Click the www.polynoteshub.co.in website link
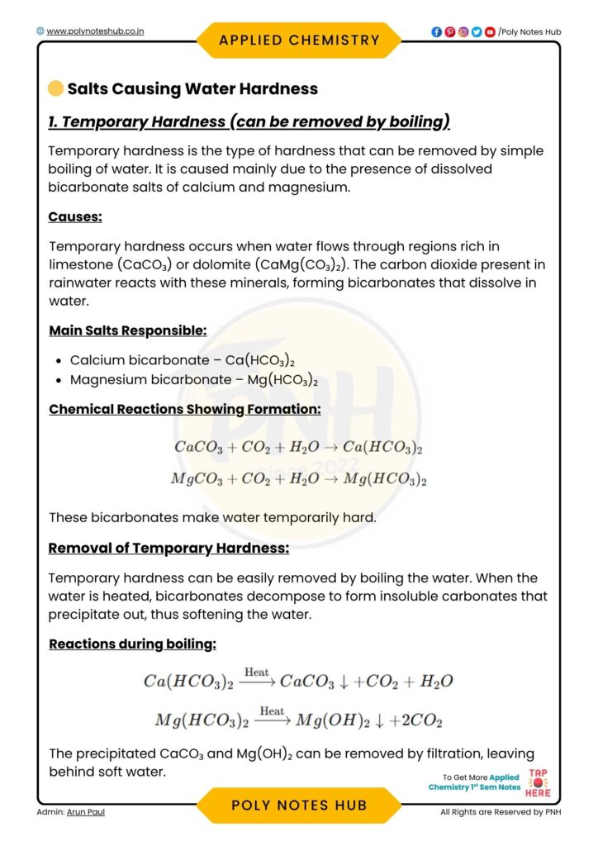[x=96, y=31]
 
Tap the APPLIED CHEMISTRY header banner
[x=299, y=40]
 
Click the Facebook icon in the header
[x=436, y=32]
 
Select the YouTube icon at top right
[x=490, y=32]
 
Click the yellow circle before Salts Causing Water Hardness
[x=55, y=88]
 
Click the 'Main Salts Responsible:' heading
[x=128, y=330]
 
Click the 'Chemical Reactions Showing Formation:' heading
[x=185, y=410]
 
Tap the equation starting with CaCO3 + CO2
[x=299, y=447]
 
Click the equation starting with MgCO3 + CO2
[x=299, y=479]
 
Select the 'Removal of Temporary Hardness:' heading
[x=168, y=548]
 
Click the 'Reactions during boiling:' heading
[x=132, y=644]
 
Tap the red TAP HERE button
[x=538, y=782]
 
